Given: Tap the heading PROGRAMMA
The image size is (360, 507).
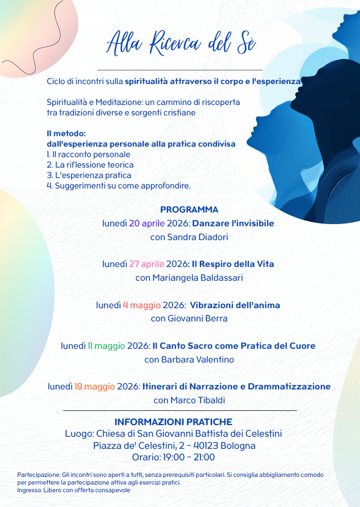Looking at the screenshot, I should [189, 209].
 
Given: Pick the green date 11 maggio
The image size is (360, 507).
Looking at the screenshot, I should [106, 346].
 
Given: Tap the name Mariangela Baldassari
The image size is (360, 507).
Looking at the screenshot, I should [197, 278].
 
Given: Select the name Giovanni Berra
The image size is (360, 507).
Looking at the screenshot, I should [197, 319].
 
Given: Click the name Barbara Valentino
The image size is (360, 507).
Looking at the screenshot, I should [197, 360].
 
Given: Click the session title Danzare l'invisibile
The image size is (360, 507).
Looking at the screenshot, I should [233, 224].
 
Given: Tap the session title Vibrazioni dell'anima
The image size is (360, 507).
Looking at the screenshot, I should [235, 305].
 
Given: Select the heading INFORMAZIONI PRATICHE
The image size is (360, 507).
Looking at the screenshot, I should [173, 422].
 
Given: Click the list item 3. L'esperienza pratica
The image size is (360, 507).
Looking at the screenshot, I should [89, 176].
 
